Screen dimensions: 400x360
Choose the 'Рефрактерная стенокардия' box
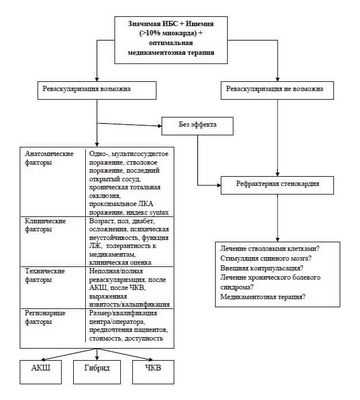point(273,181)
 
